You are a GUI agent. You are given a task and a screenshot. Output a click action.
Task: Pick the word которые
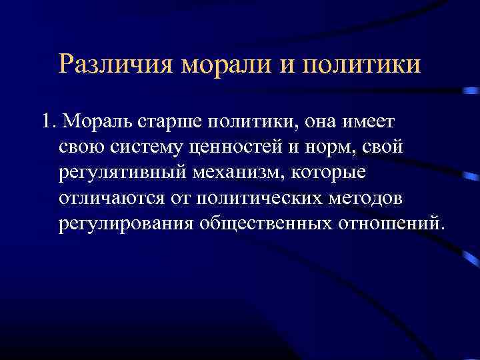point(333,172)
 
